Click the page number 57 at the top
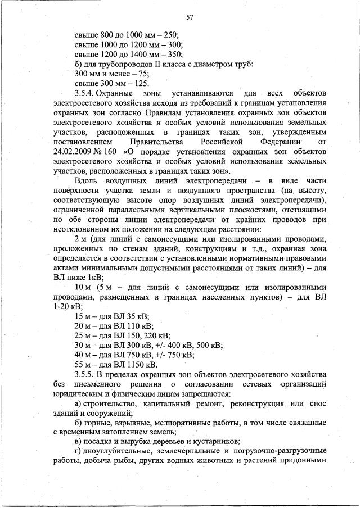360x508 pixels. click(190, 17)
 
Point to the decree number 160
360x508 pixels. click(123, 152)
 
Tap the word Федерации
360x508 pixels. click(273, 142)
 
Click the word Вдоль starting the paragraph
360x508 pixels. click(87, 180)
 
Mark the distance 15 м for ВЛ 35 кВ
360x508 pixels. click(82, 316)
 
